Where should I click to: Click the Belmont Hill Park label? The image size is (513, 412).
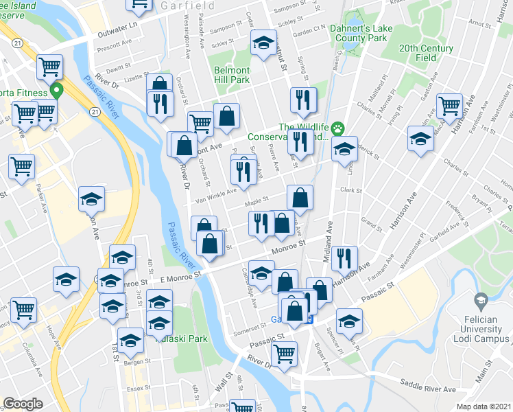[231, 75]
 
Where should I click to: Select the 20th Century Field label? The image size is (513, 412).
[426, 53]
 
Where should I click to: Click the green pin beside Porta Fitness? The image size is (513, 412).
[58, 91]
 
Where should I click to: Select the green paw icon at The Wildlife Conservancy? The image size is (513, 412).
[338, 128]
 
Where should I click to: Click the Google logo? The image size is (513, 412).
[23, 404]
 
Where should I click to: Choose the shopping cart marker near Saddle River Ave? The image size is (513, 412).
[283, 355]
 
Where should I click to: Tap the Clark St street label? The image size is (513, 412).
[350, 190]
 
